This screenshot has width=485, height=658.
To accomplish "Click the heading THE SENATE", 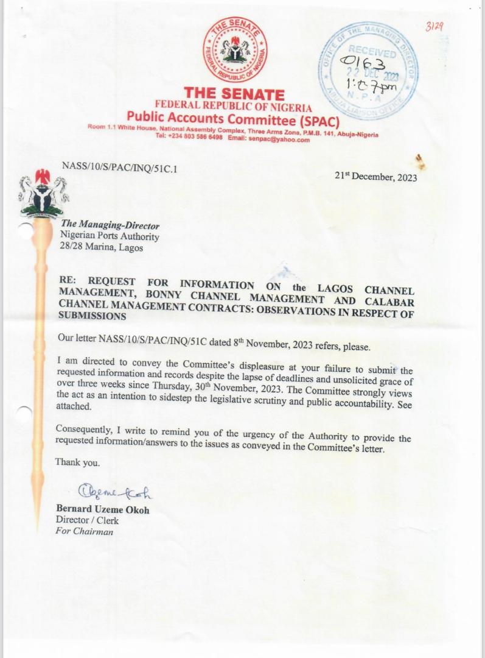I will click(234, 94).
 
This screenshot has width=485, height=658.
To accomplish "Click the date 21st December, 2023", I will click(376, 177).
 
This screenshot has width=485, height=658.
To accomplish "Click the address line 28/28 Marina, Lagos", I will click(102, 247).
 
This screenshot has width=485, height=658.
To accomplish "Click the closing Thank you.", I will click(77, 462).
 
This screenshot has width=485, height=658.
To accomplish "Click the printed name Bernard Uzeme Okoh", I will click(102, 510).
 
